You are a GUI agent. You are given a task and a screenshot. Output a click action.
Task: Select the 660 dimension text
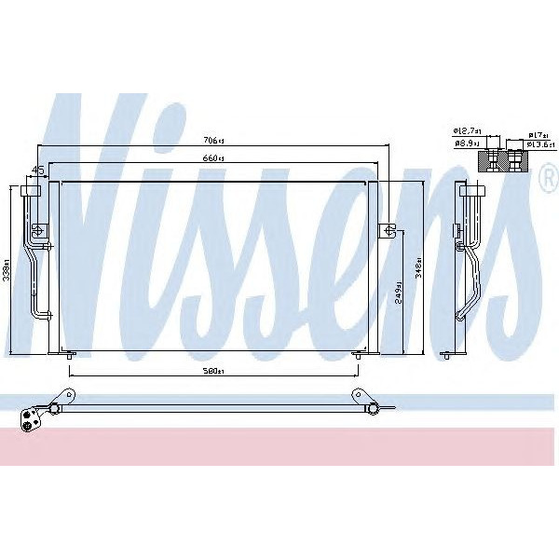[x=213, y=158]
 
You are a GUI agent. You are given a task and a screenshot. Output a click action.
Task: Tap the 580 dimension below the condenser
[x=213, y=372]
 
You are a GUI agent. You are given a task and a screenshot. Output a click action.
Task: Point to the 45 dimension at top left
[x=38, y=170]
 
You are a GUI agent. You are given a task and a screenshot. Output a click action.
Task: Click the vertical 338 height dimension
[x=7, y=270]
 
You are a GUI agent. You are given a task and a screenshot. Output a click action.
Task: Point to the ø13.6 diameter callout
[x=541, y=145]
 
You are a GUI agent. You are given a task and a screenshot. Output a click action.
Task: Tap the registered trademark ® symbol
[x=549, y=184]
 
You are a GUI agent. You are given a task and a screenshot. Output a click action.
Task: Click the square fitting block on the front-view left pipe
[x=38, y=230]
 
